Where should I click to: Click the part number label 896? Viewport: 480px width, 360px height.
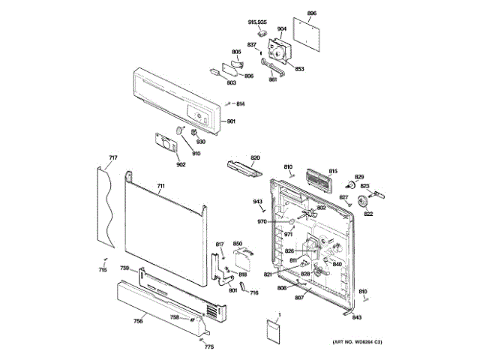coord(312,13)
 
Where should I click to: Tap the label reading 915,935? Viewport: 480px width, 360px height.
coord(257,22)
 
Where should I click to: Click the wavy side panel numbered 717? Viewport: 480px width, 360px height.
coord(106,210)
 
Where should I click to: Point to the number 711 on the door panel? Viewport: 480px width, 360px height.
coord(160,185)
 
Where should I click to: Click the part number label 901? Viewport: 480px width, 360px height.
coord(232,122)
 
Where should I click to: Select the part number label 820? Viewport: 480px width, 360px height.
coord(255,157)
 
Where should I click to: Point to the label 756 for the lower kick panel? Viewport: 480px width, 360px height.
coord(138,321)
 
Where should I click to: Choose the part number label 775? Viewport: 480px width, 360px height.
coord(209,346)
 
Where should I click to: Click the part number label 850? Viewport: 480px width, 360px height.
coord(238,244)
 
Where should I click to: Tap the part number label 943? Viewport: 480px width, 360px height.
coord(257,202)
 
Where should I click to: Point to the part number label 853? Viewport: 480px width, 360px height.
coord(299,69)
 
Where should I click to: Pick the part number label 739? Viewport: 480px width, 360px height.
coord(125,268)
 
